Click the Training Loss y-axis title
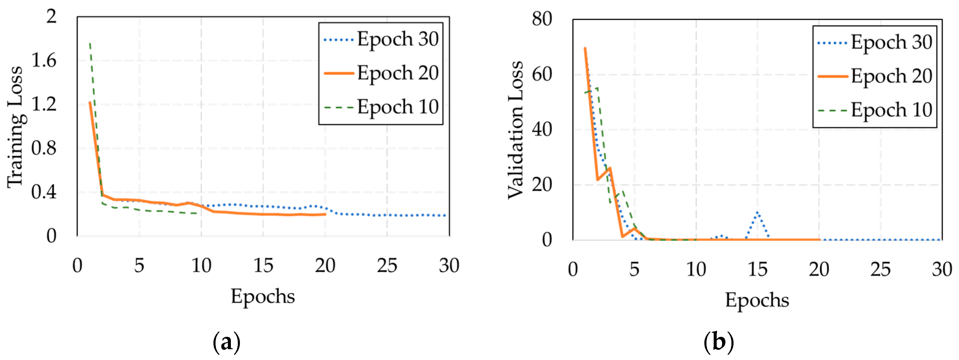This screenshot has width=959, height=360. coord(16,127)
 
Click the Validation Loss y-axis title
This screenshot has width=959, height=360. coord(516,130)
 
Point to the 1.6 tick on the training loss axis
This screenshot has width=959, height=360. coord(44,60)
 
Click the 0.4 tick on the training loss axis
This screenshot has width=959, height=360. coord(44,192)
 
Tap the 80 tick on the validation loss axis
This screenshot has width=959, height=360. coord(542,19)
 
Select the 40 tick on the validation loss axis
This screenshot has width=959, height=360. coord(542,130)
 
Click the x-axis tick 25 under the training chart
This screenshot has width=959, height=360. coord(387,266)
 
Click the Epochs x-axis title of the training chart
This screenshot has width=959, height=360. coord(263,297)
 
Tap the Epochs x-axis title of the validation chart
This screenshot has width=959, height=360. coord(757,300)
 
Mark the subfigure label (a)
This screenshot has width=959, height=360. coord(226,342)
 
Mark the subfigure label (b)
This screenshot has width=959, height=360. coord(719,342)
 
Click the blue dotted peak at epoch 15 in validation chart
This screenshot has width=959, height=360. coord(758,213)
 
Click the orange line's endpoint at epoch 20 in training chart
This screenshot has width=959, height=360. coord(325,214)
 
